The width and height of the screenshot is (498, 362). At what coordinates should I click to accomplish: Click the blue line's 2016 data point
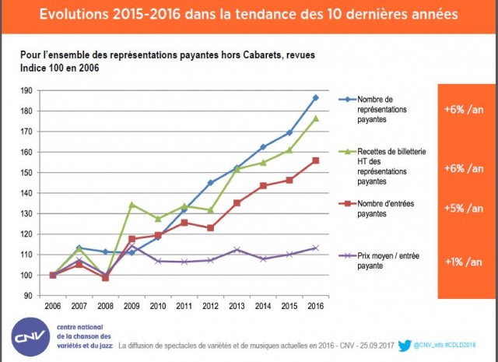pos(315,97)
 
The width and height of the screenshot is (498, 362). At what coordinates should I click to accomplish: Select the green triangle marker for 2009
pos(132,204)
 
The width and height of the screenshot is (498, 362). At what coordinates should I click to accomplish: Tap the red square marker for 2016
pos(315,160)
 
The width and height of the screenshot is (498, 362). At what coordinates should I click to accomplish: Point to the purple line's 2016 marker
pos(315,248)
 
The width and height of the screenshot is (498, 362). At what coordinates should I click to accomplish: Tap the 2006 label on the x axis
pos(53,307)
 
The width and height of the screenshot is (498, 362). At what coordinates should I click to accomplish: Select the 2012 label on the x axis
pos(210,307)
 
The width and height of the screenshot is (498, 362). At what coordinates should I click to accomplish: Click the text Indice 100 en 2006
pos(59,69)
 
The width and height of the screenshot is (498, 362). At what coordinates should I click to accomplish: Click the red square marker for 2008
pos(105,278)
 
